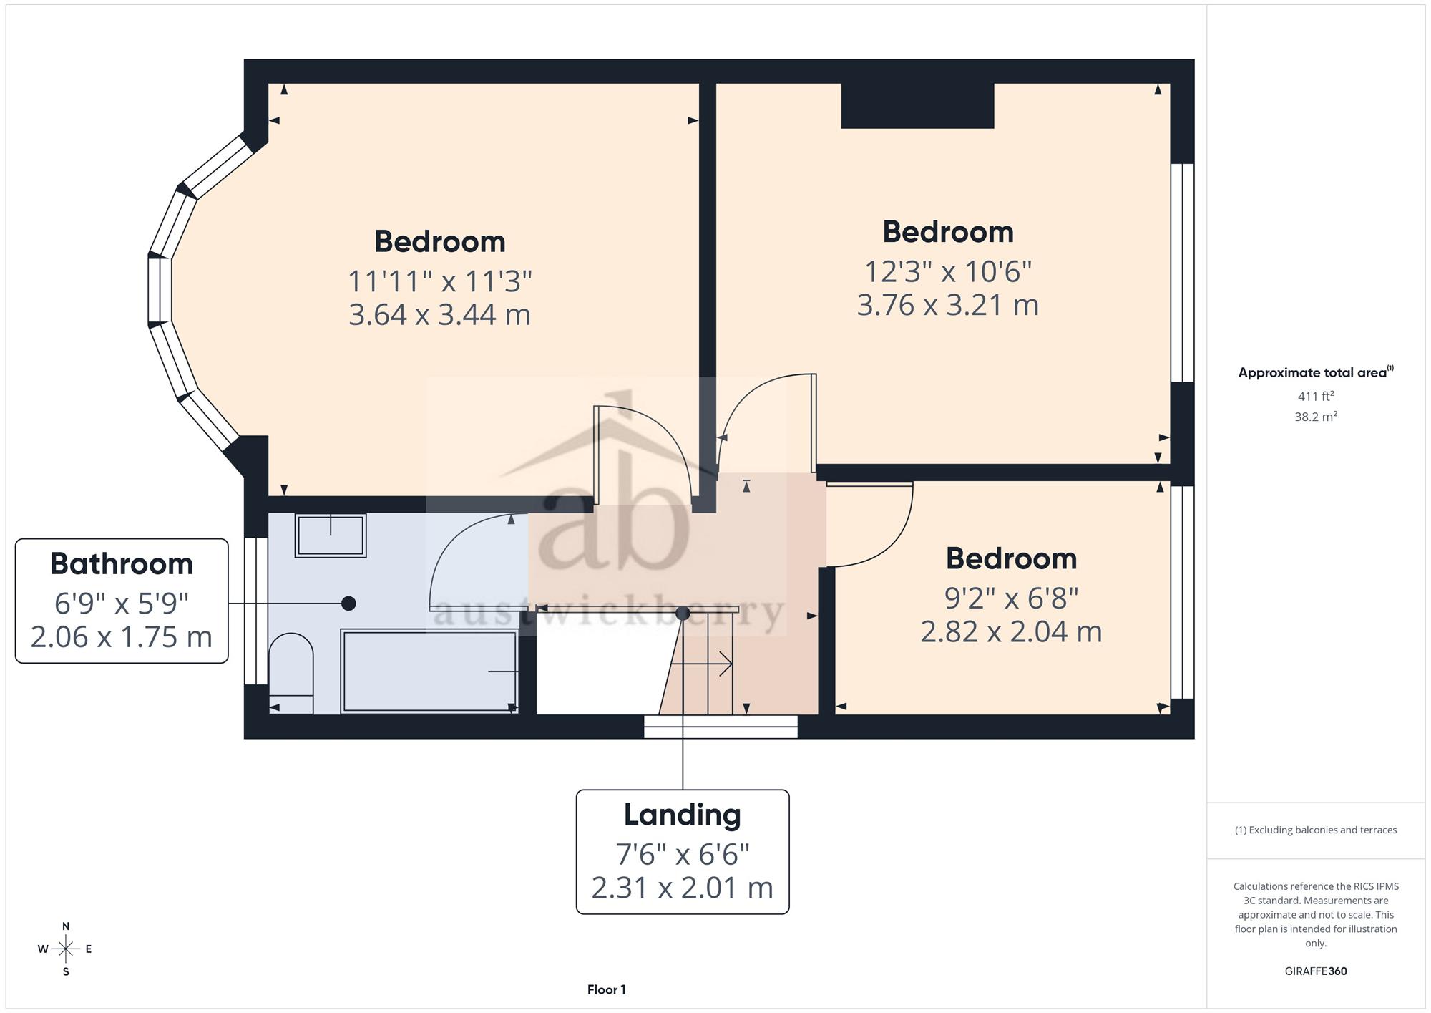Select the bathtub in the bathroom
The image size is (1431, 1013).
click(429, 671)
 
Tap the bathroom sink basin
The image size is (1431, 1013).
click(331, 535)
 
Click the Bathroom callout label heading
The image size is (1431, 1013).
click(122, 564)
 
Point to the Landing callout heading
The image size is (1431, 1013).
click(683, 815)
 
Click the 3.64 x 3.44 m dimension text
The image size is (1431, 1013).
click(439, 315)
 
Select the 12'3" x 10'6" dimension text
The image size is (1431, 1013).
click(948, 271)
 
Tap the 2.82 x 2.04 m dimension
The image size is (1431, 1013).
click(1011, 631)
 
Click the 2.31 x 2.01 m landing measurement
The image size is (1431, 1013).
click(683, 888)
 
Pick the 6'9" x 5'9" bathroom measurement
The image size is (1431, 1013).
click(122, 604)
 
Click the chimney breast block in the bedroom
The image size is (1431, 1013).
click(917, 106)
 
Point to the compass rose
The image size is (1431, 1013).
click(66, 949)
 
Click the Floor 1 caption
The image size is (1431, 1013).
click(607, 989)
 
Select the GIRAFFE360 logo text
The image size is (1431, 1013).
click(1316, 971)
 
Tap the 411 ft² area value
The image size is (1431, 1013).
click(1316, 396)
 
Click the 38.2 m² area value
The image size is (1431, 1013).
click(1316, 416)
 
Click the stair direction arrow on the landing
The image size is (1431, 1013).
click(701, 664)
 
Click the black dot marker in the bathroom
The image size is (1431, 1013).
click(348, 604)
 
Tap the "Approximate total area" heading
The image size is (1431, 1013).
click(1312, 372)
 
